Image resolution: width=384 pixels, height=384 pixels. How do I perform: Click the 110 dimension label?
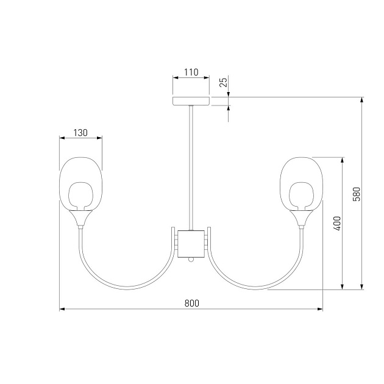coord(191,73)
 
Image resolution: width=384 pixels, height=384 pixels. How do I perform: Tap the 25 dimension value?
coord(224,82)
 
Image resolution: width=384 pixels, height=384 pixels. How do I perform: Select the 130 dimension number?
coord(80,133)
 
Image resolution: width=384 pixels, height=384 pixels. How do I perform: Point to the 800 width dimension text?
coord(192,303)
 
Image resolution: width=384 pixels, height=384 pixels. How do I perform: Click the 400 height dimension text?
coord(337,223)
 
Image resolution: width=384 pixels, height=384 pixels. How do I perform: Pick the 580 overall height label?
coord(357,194)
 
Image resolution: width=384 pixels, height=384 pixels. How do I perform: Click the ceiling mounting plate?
coord(191,101)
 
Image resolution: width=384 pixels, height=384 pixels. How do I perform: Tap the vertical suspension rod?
coord(191,168)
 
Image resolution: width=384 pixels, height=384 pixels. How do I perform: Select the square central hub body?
coord(191,244)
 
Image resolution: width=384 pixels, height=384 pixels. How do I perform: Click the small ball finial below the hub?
coord(191,260)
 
